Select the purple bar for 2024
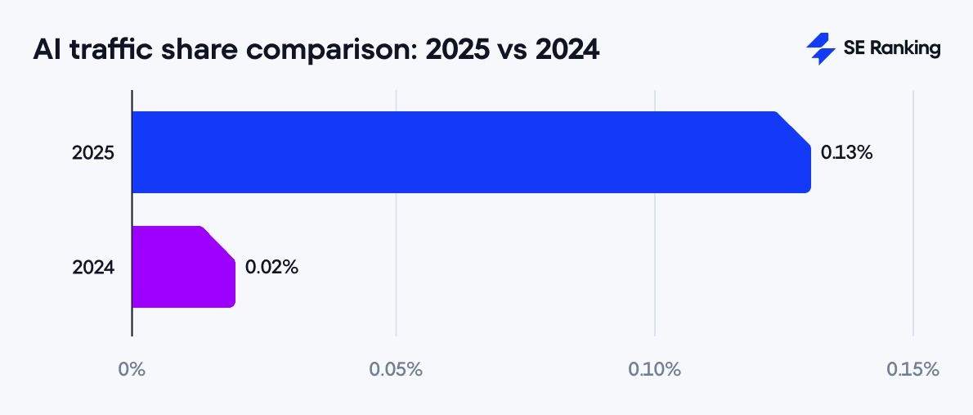click(182, 267)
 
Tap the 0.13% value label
click(847, 152)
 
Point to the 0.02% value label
click(271, 267)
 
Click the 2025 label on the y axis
click(93, 153)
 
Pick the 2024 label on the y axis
click(93, 267)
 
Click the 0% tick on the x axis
click(132, 369)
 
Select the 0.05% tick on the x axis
click(396, 369)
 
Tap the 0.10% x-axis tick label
click(654, 369)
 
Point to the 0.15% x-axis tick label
click(912, 369)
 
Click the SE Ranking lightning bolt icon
click(820, 49)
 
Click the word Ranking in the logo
click(905, 49)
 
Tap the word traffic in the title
click(108, 50)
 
